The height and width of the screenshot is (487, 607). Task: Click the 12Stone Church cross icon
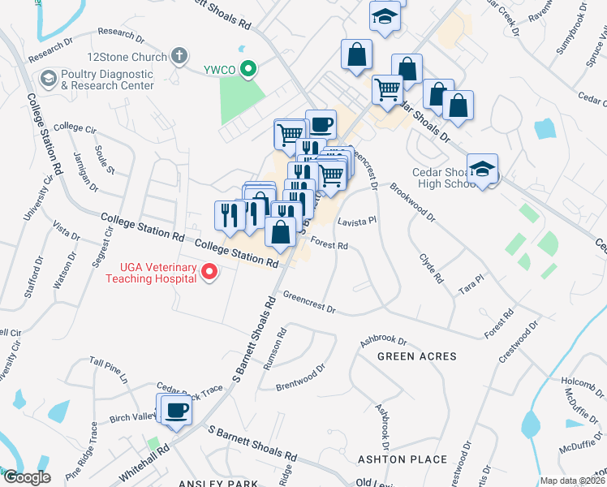coord(179,57)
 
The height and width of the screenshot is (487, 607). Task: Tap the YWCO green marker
coord(251,70)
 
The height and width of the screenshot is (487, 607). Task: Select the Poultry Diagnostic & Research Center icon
coord(47,79)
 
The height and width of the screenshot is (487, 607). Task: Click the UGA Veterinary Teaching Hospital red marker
coord(210,273)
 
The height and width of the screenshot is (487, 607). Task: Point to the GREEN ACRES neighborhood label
coord(417,356)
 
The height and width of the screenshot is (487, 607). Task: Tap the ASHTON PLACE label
coord(403,459)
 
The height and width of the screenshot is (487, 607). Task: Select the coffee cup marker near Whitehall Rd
coord(176,409)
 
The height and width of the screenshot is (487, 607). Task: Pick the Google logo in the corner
coord(26,477)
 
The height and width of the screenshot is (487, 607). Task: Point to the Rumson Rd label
coord(275,349)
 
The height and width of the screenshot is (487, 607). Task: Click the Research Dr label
coord(120,34)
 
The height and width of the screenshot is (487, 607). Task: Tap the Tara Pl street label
coord(471,284)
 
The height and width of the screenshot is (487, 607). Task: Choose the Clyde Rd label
coord(431,268)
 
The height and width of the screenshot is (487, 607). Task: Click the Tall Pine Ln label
coord(109,368)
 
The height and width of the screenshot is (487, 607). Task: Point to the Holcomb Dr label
coord(578,380)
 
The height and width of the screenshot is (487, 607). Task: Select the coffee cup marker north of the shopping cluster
coord(321,124)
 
